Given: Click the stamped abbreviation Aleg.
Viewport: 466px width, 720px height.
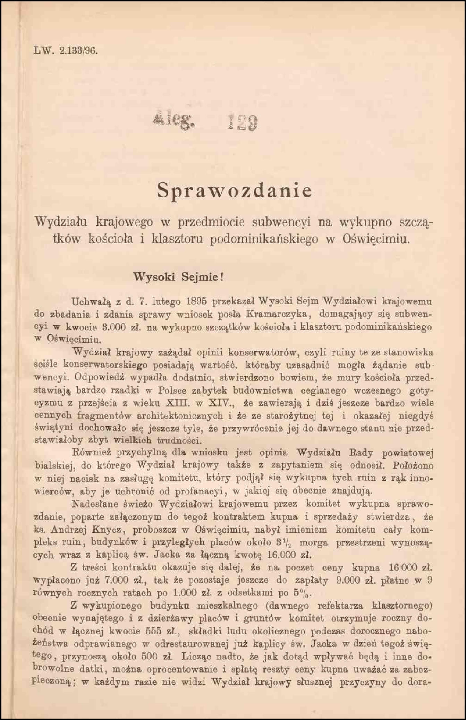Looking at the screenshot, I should point(172,122).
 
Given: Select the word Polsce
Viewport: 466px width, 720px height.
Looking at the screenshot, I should point(172,391).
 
